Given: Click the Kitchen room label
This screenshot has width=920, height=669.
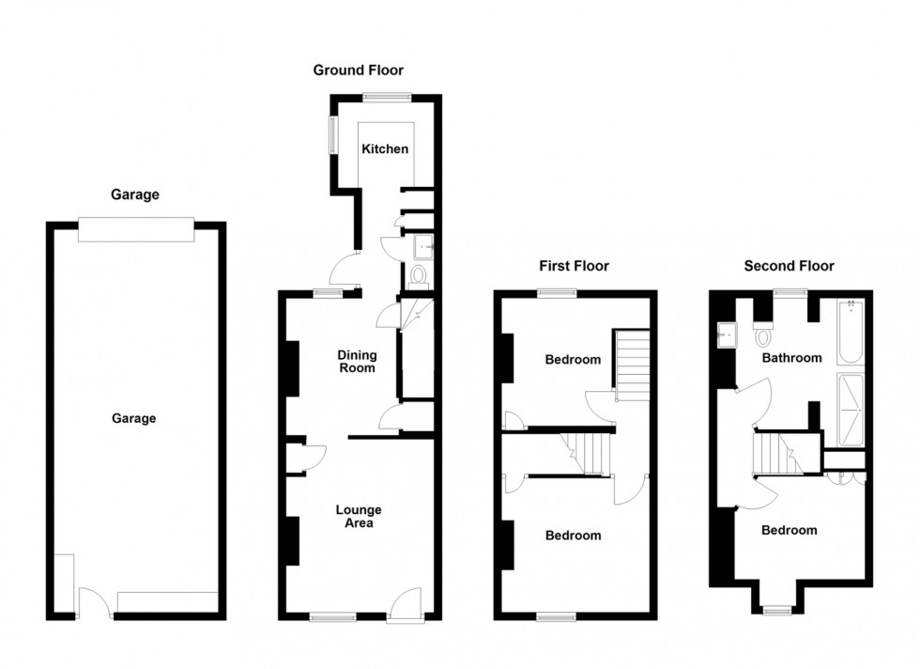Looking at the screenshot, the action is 385,149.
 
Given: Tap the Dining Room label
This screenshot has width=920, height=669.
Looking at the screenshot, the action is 357,361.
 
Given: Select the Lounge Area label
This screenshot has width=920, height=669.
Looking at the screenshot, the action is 359,516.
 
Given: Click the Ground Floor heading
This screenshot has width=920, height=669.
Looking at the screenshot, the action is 358,70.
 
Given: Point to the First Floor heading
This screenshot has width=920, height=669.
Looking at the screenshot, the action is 574,266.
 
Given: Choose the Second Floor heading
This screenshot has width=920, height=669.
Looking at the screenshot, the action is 789,266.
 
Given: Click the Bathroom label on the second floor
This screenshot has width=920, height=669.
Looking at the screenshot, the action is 791,358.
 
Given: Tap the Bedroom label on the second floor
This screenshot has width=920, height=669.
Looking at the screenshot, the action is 790,530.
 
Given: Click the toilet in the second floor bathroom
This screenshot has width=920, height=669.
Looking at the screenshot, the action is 763,334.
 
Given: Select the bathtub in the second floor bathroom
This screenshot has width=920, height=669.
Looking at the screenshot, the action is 851,333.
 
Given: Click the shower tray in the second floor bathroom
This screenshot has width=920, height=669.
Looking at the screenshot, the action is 851,411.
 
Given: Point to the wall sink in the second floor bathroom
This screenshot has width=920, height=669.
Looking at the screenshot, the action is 727,335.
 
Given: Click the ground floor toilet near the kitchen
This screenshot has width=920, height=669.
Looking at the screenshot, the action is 419,278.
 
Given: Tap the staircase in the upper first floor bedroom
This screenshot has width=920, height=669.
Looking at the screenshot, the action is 632,365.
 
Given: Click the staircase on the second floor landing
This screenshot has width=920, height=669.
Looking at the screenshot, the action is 778,453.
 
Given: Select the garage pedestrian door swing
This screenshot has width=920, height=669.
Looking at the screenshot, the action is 94,600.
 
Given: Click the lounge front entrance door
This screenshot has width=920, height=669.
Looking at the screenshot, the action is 406,603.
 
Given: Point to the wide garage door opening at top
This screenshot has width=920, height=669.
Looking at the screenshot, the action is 136,229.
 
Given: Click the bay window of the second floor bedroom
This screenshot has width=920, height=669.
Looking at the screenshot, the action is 777,611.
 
